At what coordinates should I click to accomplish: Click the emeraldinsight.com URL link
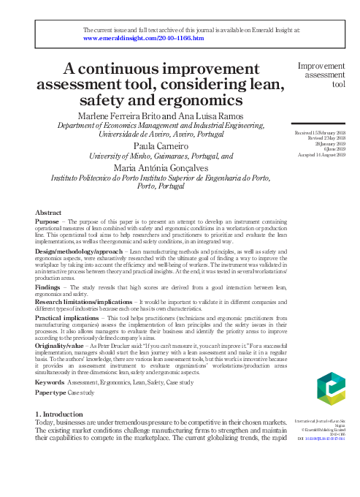144,39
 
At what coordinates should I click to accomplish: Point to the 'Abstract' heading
48,213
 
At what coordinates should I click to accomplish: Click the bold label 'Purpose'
47,221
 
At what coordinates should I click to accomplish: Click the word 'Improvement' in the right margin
323,66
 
